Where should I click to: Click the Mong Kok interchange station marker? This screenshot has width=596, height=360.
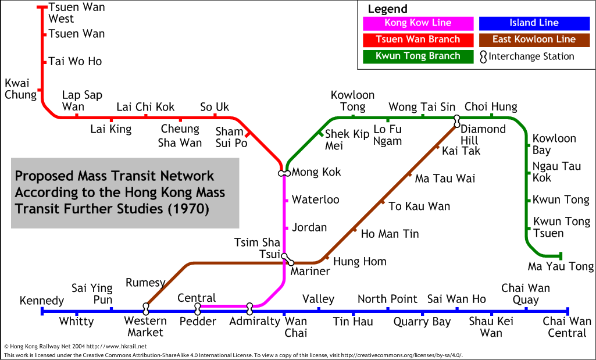coord(284,173)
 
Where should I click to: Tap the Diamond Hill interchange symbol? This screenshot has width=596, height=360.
coord(457,122)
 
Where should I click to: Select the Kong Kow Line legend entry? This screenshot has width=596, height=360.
coord(418,23)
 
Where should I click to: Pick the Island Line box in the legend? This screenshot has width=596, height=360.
coord(534,23)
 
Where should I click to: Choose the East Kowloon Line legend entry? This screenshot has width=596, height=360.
coord(534,40)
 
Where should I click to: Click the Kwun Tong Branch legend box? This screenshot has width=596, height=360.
coord(418,56)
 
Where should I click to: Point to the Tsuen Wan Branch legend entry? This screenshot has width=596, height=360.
coord(418,40)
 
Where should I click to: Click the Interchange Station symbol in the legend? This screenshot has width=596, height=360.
coord(483,57)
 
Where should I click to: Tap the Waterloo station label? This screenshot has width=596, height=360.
coord(316,199)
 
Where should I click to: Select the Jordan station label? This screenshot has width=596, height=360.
coord(309,227)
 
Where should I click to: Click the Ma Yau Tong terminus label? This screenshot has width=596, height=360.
coord(561,266)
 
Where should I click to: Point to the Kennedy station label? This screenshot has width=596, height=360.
coord(42,301)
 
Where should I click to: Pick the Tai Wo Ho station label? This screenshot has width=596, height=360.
coord(75,61)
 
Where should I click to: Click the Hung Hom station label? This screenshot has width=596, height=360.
coord(359,262)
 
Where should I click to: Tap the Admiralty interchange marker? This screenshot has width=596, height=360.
coord(249,309)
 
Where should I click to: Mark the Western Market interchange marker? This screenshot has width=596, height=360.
coord(146,309)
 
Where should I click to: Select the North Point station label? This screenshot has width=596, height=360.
coord(387,299)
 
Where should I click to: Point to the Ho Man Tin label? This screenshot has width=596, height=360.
coord(390,234)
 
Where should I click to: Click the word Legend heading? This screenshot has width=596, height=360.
coord(387,9)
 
